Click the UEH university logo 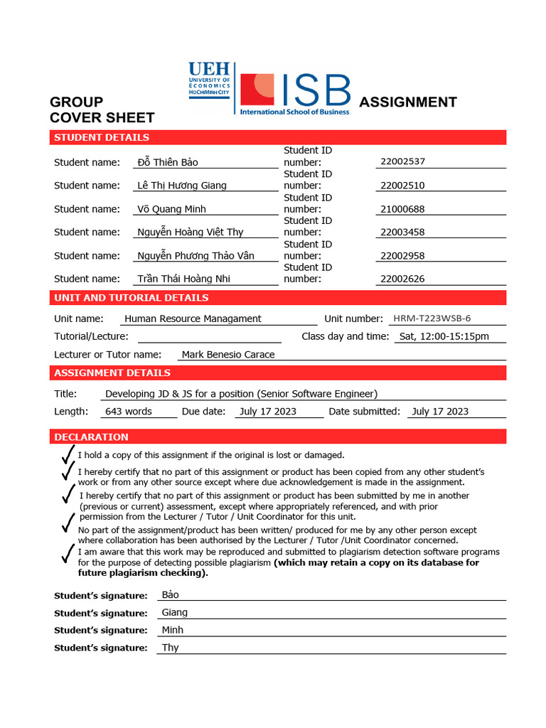coord(209,81)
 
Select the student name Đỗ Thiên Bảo coord(168,162)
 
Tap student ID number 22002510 coord(402,185)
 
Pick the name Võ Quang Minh coord(171,209)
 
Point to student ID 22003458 coord(402,232)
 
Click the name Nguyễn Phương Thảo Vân coord(196,255)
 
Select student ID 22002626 coord(402,279)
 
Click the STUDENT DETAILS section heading coord(102,137)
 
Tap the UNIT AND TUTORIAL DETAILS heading coord(132,297)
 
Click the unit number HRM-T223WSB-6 coord(432,318)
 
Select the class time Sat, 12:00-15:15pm coord(444,336)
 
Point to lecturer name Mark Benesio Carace coord(227,354)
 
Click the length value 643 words coord(128,411)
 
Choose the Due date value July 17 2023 coord(268,411)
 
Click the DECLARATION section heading coord(91,437)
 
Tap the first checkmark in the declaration coord(68,454)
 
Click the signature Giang coord(175,612)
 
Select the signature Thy coord(171,647)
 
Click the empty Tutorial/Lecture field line coord(209,337)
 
